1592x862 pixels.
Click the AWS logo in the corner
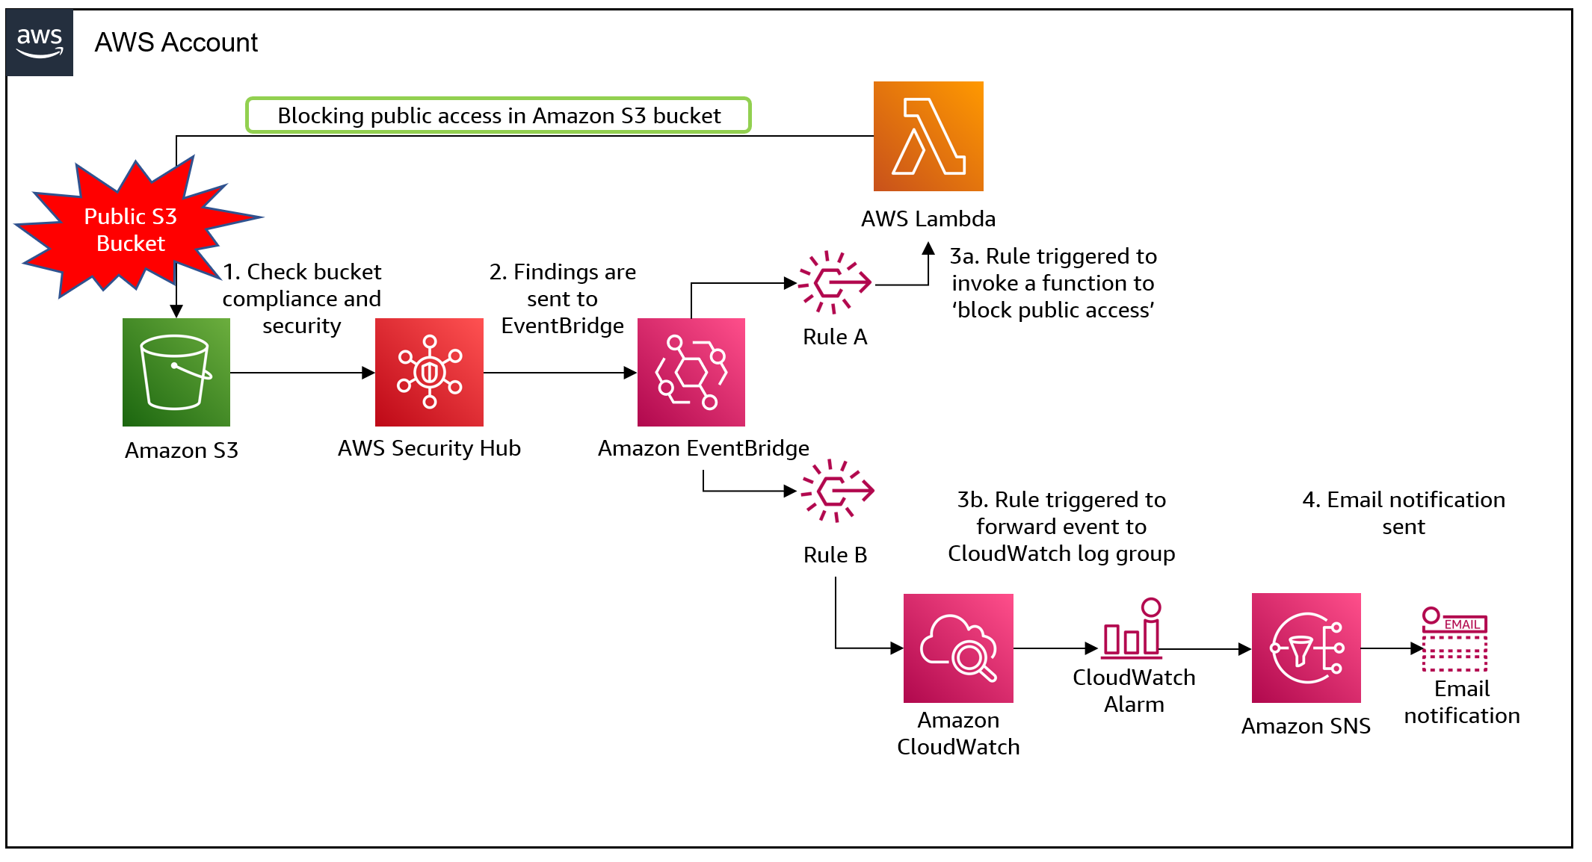pos(40,43)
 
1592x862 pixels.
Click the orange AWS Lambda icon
pos(928,137)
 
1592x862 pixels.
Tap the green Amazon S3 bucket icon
pos(176,372)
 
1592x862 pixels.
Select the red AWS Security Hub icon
pos(429,372)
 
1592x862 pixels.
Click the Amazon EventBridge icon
pos(691,372)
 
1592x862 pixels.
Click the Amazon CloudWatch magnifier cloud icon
pos(958,648)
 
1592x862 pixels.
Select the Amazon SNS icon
pos(1306,648)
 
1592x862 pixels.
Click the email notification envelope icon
pos(1454,640)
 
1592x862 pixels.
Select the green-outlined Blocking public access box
pos(499,116)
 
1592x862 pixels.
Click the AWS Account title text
pos(176,43)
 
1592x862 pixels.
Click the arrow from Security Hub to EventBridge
pos(560,372)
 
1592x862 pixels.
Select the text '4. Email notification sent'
pos(1404,513)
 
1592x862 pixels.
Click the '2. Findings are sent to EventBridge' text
pos(562,299)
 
